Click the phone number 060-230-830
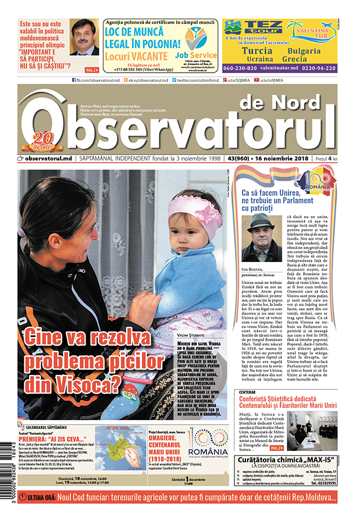[x=243, y=67]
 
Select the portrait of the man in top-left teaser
[x=84, y=37]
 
